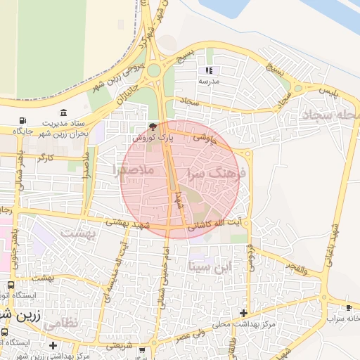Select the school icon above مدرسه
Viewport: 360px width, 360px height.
(x=209, y=70)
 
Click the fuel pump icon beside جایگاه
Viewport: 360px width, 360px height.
(x=23, y=120)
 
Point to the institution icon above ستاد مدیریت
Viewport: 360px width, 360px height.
(x=64, y=112)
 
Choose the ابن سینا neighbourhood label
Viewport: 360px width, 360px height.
(x=210, y=267)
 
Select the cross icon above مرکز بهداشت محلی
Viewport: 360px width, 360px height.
(x=243, y=313)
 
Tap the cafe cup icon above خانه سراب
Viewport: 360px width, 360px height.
(x=349, y=308)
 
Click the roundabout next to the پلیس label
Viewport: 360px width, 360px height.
(x=298, y=89)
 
